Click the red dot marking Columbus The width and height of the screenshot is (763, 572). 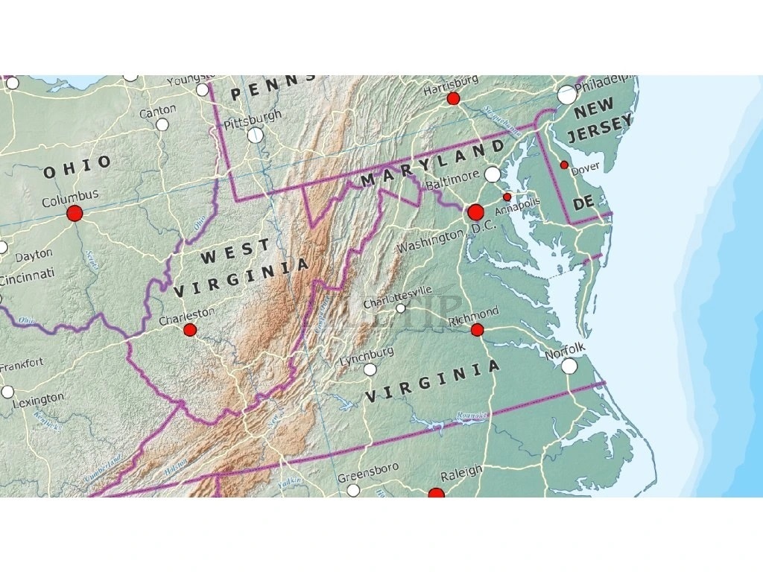(75, 214)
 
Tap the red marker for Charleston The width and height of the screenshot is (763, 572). (190, 329)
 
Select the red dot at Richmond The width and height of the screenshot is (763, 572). (478, 329)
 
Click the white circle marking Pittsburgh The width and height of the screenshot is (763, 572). (255, 135)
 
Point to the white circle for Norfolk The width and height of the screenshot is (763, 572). (569, 366)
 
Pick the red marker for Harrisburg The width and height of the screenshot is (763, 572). (453, 98)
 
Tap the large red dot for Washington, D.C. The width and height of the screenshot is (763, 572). (475, 212)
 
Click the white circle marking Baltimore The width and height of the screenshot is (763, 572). (493, 174)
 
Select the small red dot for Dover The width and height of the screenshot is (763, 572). (564, 165)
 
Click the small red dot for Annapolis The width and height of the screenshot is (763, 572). (507, 197)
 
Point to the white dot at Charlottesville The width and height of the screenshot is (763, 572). (401, 308)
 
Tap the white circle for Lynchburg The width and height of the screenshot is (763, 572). (370, 369)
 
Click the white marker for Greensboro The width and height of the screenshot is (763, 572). (353, 489)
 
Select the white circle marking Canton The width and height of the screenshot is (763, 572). (162, 124)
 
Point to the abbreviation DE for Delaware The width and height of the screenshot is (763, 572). (583, 203)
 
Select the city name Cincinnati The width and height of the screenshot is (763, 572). (28, 277)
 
